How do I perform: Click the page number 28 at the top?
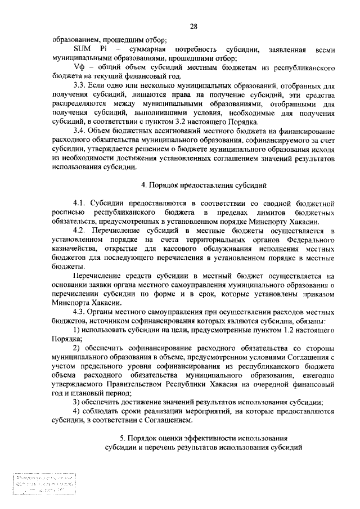click(x=192, y=26)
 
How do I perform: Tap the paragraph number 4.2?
click(x=80, y=231)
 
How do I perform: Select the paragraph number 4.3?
click(x=80, y=312)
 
